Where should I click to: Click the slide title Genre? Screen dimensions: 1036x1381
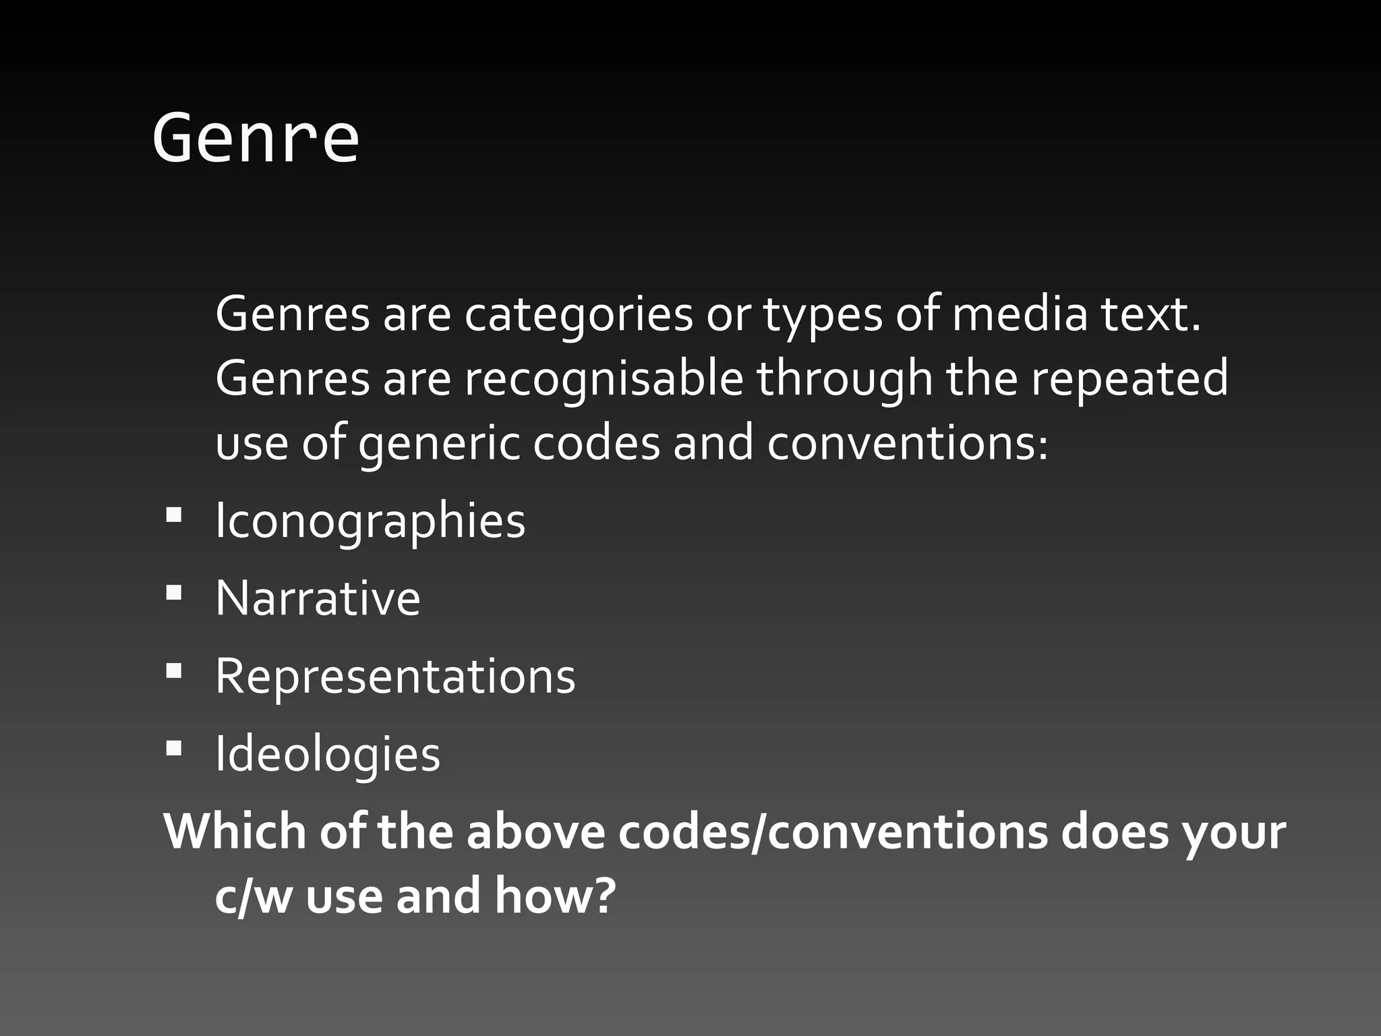(256, 138)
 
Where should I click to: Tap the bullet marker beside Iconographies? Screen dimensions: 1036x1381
(173, 516)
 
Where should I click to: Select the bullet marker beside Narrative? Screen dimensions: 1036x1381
(173, 594)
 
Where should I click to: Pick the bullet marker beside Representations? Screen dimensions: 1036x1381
(173, 671)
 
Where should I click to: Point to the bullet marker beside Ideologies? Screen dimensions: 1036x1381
(173, 749)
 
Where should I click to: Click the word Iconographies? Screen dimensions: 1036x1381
(370, 521)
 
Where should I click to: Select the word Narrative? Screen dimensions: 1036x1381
(318, 598)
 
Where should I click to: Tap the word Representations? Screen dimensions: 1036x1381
(395, 677)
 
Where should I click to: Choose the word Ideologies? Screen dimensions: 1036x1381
(328, 754)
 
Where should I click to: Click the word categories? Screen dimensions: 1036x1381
(579, 315)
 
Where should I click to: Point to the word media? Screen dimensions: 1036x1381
(1020, 315)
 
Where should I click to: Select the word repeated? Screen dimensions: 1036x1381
(1129, 379)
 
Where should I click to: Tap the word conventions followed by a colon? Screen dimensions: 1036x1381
(908, 444)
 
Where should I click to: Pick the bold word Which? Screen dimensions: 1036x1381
(235, 832)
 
